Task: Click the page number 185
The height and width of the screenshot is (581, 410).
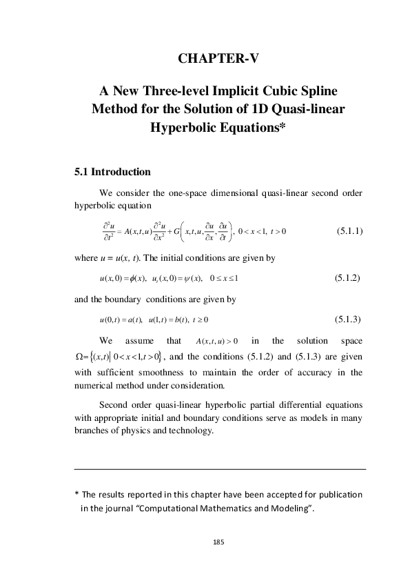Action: (219, 542)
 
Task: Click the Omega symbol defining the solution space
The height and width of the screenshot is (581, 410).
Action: (79, 357)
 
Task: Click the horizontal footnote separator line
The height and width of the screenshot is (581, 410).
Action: (219, 469)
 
